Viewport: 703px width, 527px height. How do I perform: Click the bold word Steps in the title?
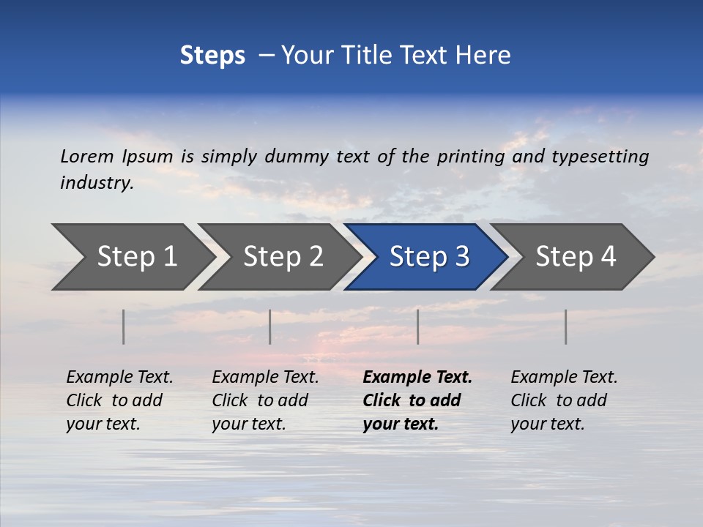click(212, 55)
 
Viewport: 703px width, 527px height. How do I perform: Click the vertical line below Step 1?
click(124, 326)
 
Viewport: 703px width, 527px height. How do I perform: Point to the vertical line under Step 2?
click(270, 326)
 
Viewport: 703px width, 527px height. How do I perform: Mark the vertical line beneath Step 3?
click(418, 326)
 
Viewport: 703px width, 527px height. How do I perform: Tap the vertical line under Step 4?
click(566, 326)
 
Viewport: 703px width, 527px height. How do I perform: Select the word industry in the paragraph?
click(97, 183)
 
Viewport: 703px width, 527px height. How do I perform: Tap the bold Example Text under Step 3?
click(417, 377)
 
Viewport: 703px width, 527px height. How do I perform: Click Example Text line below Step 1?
click(119, 377)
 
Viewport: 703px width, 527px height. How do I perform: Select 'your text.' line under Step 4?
click(547, 424)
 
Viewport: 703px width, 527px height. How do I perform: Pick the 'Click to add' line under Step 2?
click(260, 400)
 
